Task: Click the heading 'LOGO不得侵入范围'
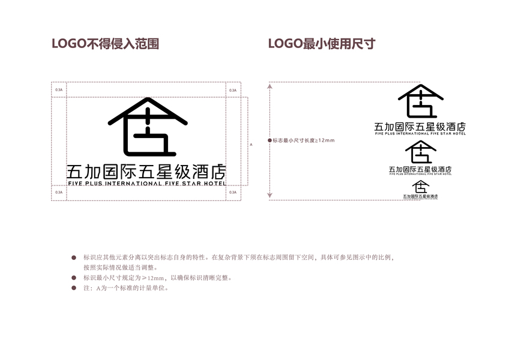coord(105,44)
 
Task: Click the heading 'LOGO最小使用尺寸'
coord(321,44)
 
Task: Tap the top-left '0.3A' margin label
coord(58,89)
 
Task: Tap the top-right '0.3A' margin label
coord(232,89)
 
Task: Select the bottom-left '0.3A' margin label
coord(58,193)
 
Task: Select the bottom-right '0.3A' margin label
coord(232,193)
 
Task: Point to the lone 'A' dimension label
coord(250,145)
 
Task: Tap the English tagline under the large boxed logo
coord(146,184)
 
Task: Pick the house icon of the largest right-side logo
coord(420,101)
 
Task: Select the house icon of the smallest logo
coord(420,187)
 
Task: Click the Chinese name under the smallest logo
coord(420,196)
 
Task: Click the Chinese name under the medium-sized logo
coord(420,170)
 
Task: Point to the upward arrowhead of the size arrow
coord(270,86)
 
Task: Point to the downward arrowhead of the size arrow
coord(270,196)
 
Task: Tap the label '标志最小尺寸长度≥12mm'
coord(303,140)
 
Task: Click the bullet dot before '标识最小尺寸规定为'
coord(74,278)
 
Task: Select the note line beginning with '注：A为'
coord(126,288)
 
